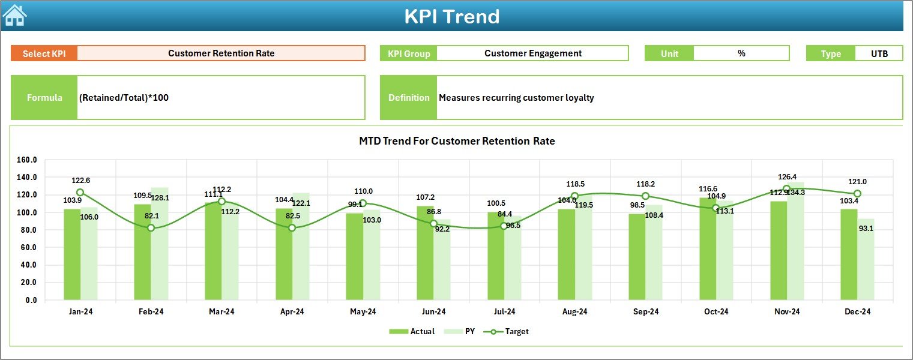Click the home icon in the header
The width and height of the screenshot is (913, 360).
(x=14, y=16)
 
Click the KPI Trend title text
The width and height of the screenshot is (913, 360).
(x=451, y=16)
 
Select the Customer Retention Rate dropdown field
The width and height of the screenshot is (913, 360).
(x=221, y=53)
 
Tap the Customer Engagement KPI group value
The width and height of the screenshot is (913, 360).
(x=532, y=53)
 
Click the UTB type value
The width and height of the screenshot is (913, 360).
(x=879, y=53)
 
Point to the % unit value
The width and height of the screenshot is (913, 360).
(x=741, y=53)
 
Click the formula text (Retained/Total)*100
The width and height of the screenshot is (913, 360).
(x=124, y=97)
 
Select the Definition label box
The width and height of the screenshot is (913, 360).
(x=409, y=98)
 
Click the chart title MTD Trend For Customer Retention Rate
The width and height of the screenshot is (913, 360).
(x=457, y=141)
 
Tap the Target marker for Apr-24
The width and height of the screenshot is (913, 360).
(x=292, y=227)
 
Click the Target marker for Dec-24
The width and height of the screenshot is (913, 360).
(x=857, y=194)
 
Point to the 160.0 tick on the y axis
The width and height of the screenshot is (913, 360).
(x=27, y=160)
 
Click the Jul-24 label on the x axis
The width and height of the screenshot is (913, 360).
(x=504, y=311)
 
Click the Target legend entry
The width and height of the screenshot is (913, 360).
(x=510, y=331)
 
